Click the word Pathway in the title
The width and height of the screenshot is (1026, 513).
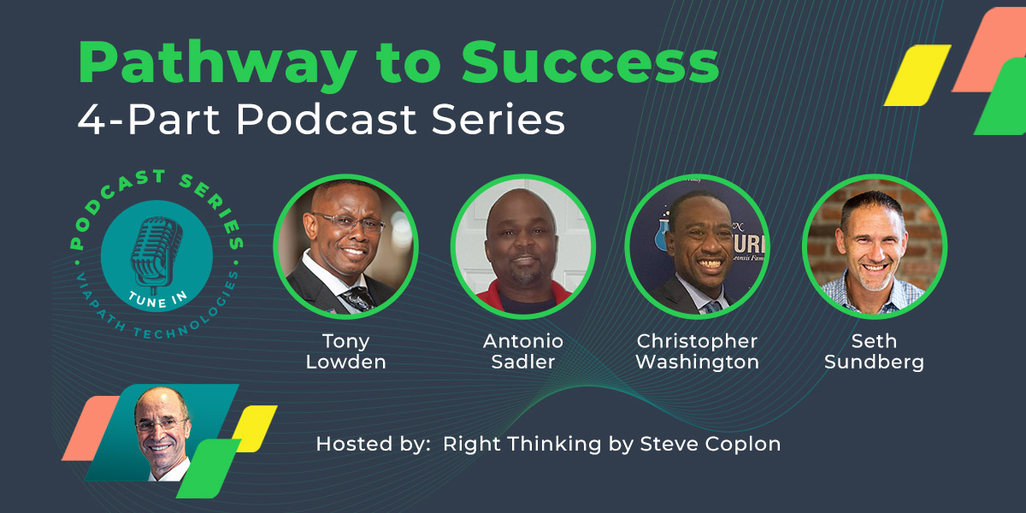click(x=217, y=64)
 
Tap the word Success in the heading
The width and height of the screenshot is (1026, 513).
click(x=591, y=62)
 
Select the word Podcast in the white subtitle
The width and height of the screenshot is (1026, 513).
click(x=326, y=119)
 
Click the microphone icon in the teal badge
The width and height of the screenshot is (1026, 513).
click(x=156, y=254)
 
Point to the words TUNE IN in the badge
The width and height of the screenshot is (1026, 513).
click(x=157, y=299)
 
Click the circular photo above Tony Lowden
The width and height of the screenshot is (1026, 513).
click(x=345, y=246)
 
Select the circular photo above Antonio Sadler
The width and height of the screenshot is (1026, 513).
click(x=523, y=246)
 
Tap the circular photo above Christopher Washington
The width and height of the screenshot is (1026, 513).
click(x=697, y=246)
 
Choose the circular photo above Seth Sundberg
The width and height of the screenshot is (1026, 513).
click(x=875, y=246)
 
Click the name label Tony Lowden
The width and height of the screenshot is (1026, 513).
click(x=345, y=351)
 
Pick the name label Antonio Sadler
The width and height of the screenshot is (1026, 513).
click(x=523, y=351)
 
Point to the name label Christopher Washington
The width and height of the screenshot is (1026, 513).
click(x=697, y=351)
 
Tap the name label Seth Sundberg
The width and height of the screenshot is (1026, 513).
click(x=875, y=351)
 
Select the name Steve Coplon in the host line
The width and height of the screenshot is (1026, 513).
click(x=711, y=444)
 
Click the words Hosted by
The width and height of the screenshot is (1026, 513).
click(x=374, y=444)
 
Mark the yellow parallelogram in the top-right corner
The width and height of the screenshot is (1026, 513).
click(x=917, y=75)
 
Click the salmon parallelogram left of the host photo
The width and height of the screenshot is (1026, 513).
click(x=91, y=428)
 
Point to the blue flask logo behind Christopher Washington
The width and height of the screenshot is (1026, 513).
click(x=663, y=234)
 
